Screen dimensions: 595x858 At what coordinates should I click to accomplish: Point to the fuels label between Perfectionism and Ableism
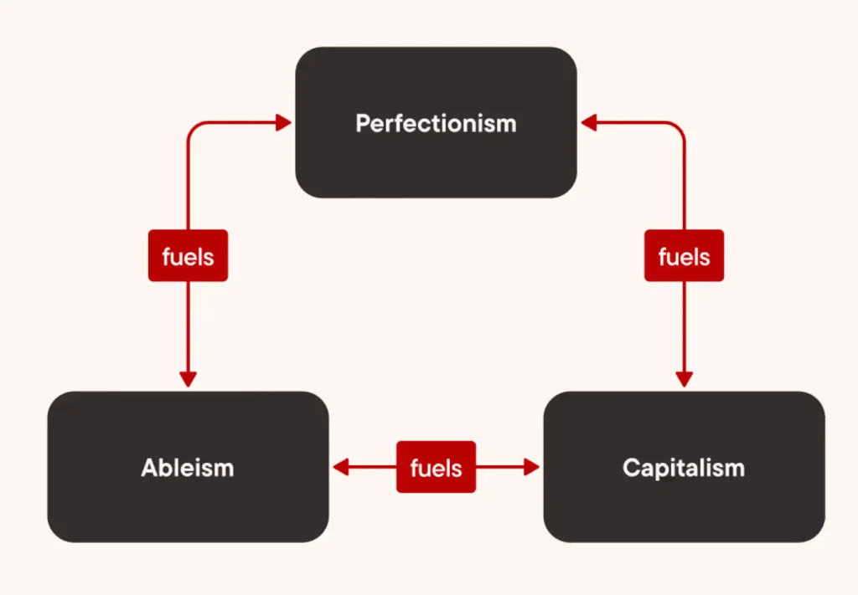point(188,256)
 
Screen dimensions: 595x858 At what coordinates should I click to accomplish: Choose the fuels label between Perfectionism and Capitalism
point(684,256)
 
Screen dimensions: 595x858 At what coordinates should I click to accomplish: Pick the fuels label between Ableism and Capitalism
point(436,467)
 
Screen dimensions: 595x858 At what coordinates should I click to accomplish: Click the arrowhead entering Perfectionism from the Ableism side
point(283,123)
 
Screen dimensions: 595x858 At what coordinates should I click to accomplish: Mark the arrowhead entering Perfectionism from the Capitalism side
point(588,123)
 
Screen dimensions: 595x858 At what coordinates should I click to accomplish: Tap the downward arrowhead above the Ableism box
point(188,378)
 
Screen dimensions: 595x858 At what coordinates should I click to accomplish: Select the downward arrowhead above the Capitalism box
point(685,378)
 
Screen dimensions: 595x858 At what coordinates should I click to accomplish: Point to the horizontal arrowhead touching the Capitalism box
point(531,467)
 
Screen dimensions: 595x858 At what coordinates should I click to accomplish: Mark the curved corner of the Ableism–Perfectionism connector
point(192,127)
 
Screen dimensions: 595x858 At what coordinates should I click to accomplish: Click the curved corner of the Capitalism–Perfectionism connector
point(680,127)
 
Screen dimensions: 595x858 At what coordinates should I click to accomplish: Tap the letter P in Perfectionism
point(362,124)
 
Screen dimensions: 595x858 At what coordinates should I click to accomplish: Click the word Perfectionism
point(436,124)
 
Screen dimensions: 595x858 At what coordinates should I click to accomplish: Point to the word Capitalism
point(684,467)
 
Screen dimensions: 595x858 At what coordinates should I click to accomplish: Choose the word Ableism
point(188,467)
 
